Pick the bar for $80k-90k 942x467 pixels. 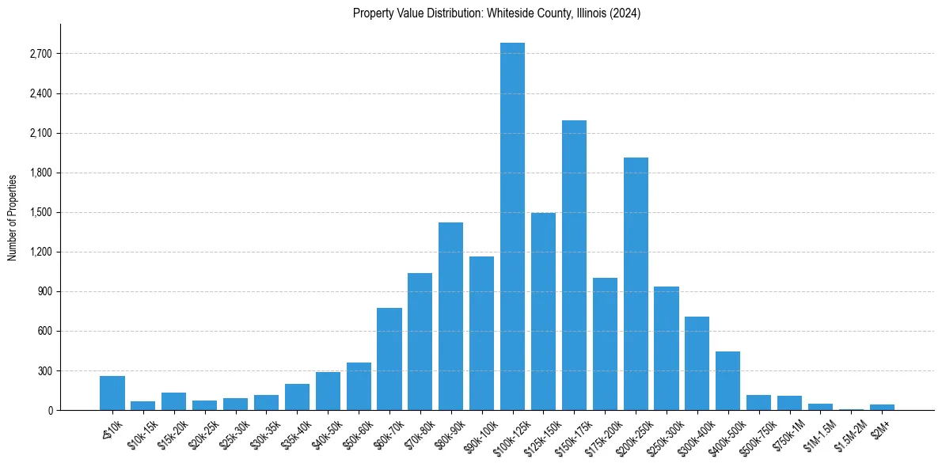(450, 317)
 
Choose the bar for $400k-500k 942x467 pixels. (727, 381)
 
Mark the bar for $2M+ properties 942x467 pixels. (882, 407)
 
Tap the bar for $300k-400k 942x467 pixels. (697, 363)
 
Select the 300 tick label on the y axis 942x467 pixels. (44, 370)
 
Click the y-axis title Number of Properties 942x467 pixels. (13, 217)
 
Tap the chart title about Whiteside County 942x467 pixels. (497, 13)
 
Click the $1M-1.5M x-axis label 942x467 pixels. (815, 435)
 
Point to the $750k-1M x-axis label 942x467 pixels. (786, 434)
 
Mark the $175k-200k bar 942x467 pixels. (605, 344)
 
